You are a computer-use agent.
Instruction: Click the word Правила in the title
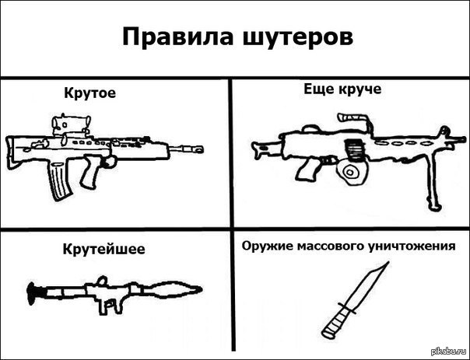[x=177, y=37]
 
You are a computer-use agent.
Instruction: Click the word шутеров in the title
[x=298, y=38]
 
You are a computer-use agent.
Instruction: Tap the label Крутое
[x=90, y=93]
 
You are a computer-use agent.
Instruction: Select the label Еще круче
[x=342, y=89]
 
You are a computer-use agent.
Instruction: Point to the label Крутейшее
[x=103, y=249]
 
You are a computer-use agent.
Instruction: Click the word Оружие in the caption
[x=268, y=246]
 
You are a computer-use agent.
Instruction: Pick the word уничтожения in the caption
[x=412, y=246]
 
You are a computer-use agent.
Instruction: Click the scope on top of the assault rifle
[x=71, y=124]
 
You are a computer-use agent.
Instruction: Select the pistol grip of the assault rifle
[x=91, y=172]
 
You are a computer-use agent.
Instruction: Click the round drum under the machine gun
[x=350, y=172]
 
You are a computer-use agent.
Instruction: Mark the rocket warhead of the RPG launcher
[x=174, y=290]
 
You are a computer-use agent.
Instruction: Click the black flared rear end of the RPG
[x=32, y=293]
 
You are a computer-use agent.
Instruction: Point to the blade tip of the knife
[x=388, y=262]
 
